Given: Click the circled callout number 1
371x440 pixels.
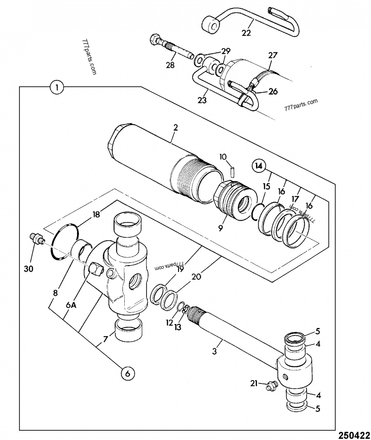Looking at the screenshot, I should (x=56, y=87).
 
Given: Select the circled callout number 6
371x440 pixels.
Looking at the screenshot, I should (x=129, y=372).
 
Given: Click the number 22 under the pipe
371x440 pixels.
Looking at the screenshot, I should (x=246, y=33).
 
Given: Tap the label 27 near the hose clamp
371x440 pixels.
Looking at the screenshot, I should (x=272, y=56).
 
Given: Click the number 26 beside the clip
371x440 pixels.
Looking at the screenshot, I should (x=273, y=92).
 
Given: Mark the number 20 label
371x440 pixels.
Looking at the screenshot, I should (x=196, y=277).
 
